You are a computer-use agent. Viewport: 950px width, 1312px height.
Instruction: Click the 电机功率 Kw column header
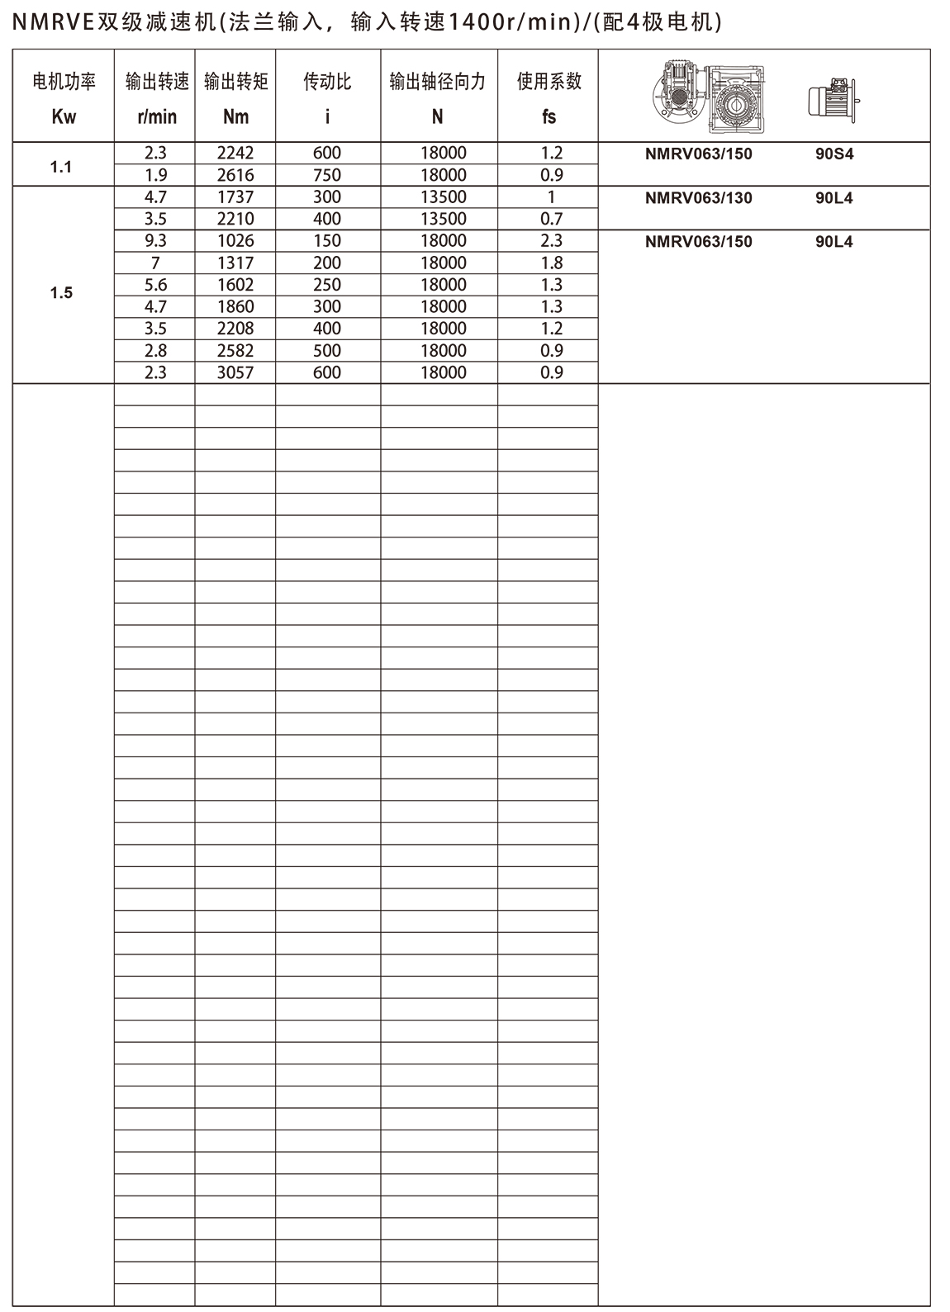pos(64,98)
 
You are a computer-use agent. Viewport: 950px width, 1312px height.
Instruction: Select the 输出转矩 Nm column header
pos(235,98)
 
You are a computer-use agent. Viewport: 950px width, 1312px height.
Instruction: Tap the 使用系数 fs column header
pos(549,98)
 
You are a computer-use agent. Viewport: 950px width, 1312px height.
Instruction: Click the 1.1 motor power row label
pos(61,167)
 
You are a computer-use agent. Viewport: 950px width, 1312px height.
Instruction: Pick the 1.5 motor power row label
pos(61,293)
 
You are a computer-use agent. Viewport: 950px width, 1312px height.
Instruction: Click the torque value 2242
pos(235,153)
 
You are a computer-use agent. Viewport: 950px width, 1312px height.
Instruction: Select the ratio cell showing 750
pos(327,175)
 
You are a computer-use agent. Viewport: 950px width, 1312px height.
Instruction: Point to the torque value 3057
pos(235,372)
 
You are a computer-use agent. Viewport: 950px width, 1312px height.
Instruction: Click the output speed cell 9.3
pos(155,241)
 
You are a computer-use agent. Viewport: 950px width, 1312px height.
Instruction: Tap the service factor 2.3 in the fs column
pos(551,241)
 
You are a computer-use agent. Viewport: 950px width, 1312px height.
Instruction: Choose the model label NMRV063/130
pos(698,198)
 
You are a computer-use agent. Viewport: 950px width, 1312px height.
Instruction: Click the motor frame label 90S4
pos(834,154)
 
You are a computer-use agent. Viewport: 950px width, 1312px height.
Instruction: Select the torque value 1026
pos(235,241)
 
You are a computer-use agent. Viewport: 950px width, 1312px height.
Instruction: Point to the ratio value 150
pos(327,241)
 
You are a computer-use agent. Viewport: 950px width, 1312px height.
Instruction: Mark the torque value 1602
pos(235,285)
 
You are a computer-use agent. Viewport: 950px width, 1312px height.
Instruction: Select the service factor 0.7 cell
pos(551,219)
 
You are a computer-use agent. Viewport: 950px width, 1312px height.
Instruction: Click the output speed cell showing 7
pos(155,263)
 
